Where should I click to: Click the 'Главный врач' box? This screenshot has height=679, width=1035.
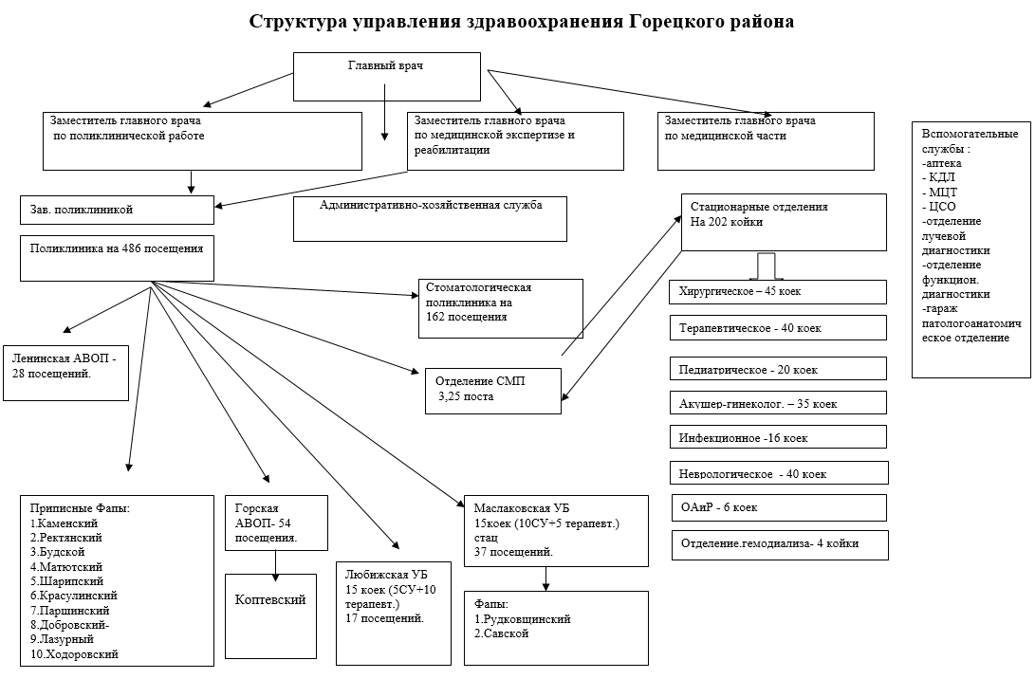pyautogui.click(x=386, y=75)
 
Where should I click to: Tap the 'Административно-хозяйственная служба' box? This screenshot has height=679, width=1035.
pyautogui.click(x=430, y=218)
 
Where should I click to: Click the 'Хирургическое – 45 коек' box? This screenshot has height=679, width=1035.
pyautogui.click(x=778, y=291)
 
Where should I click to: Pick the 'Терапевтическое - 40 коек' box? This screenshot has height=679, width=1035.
pyautogui.click(x=778, y=327)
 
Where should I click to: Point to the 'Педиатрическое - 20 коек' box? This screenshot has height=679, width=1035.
pyautogui.click(x=778, y=368)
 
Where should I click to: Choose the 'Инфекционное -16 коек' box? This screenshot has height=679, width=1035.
pyautogui.click(x=778, y=437)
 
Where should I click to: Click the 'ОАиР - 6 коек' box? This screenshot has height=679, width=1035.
pyautogui.click(x=778, y=507)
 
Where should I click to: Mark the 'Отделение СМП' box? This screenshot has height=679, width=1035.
pyautogui.click(x=492, y=389)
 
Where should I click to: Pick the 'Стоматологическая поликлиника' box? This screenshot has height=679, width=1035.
pyautogui.click(x=500, y=302)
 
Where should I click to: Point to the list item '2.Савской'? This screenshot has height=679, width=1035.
pyautogui.click(x=501, y=633)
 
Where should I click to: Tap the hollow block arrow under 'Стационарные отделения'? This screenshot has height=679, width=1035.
pyautogui.click(x=767, y=265)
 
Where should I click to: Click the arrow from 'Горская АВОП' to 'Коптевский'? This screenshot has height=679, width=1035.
pyautogui.click(x=276, y=561)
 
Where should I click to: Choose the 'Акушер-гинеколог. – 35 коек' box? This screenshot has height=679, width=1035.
pyautogui.click(x=778, y=403)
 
